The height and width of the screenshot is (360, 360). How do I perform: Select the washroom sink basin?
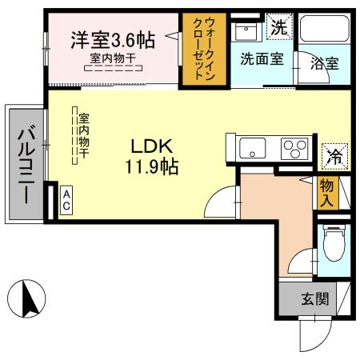click(247, 32)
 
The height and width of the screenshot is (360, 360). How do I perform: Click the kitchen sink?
click(254, 149)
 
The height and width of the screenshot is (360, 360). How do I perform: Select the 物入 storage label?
click(327, 193)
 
